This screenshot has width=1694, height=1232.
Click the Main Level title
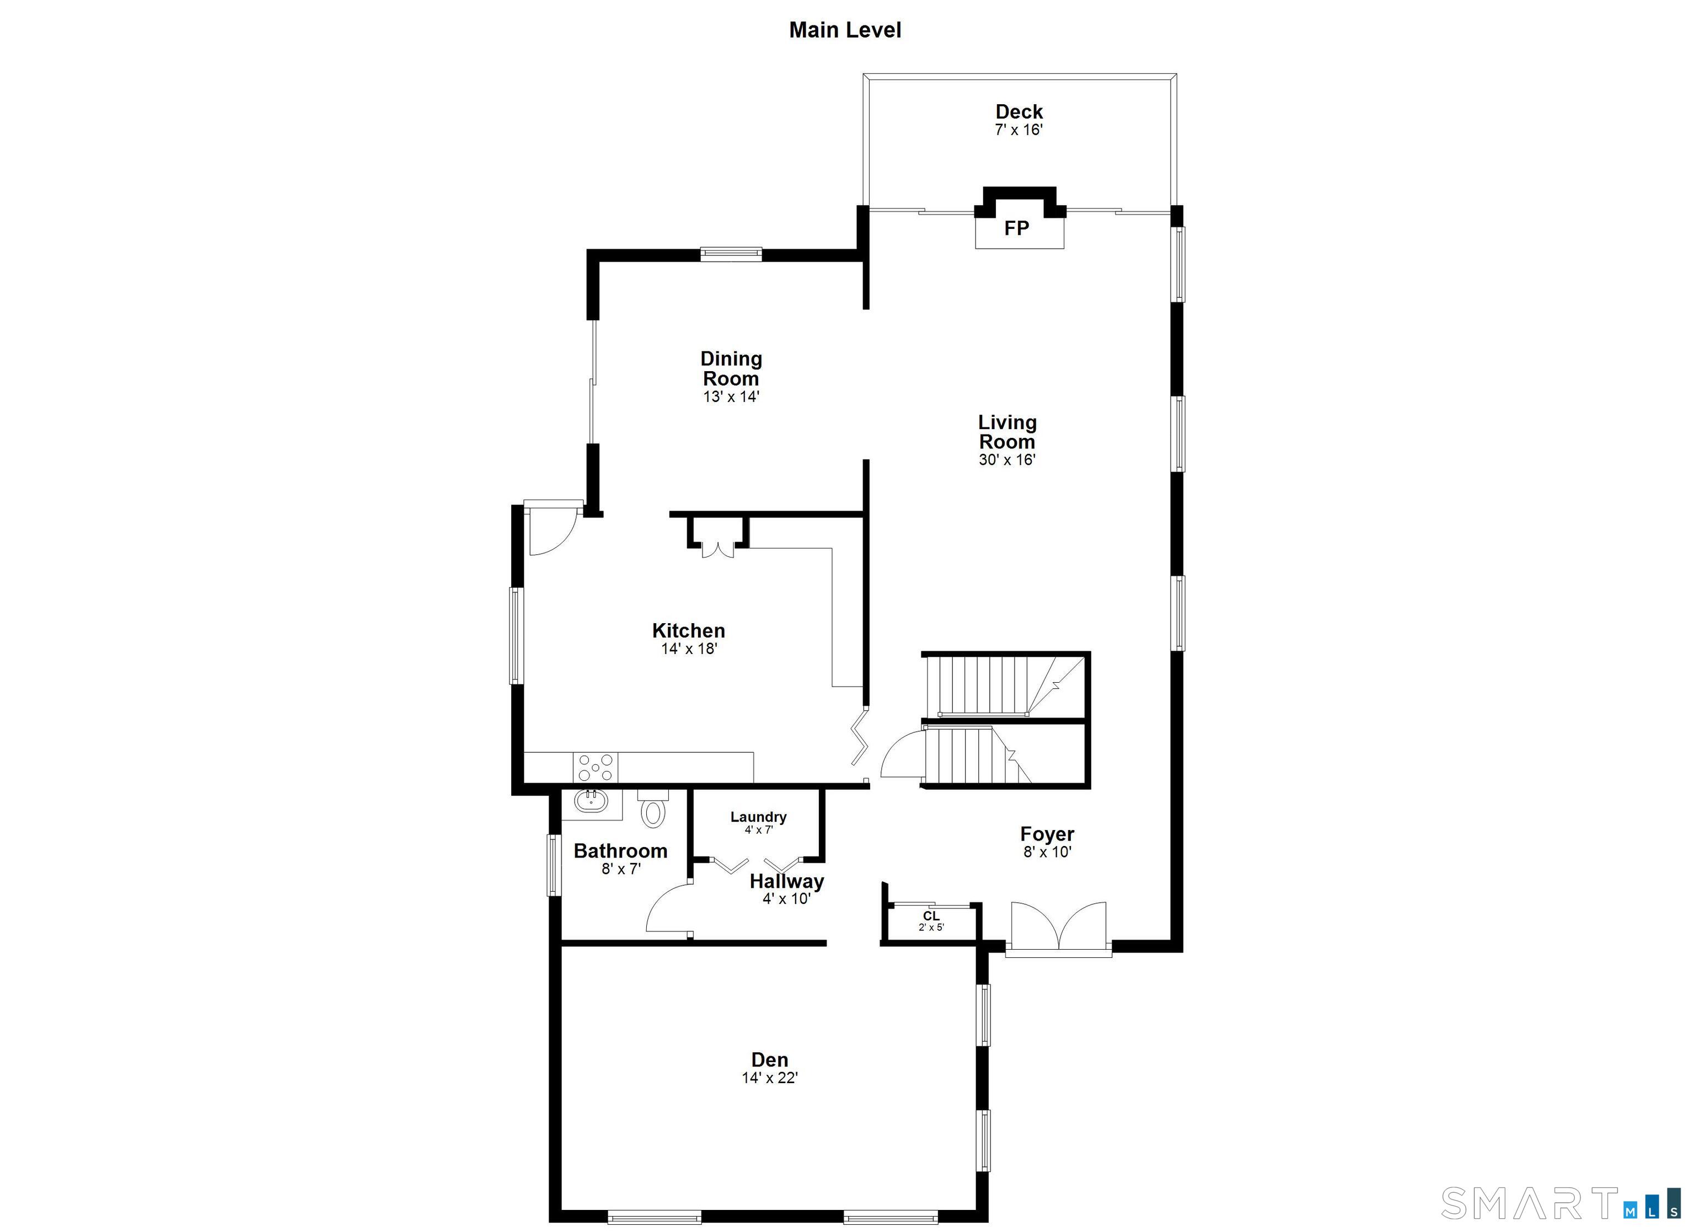[845, 30]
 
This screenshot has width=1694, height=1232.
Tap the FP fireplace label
[1016, 228]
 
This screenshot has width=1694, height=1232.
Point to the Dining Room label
[731, 368]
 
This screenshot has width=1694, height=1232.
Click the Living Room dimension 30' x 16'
[1007, 459]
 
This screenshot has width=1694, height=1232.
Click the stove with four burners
[596, 767]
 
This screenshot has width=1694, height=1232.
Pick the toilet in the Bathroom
[653, 810]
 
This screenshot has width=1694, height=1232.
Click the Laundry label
[758, 817]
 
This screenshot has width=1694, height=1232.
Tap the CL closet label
[931, 916]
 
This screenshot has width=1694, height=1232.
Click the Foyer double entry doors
[1058, 926]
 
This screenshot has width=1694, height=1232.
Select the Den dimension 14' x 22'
[769, 1078]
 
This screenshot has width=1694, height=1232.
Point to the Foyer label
[1047, 834]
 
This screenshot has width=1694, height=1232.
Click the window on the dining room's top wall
[731, 254]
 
